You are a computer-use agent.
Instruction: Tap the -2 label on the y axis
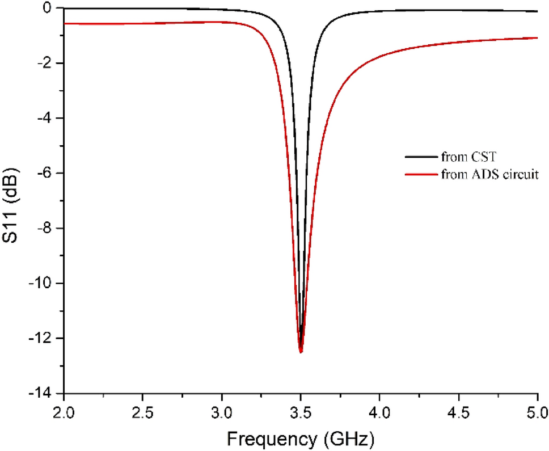point(45,63)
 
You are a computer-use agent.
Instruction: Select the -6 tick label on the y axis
point(45,173)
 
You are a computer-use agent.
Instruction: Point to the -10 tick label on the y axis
point(42,283)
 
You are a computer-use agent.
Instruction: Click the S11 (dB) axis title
point(12,200)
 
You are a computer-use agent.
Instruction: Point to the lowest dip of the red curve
point(301,352)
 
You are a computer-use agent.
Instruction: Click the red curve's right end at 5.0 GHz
point(537,38)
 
